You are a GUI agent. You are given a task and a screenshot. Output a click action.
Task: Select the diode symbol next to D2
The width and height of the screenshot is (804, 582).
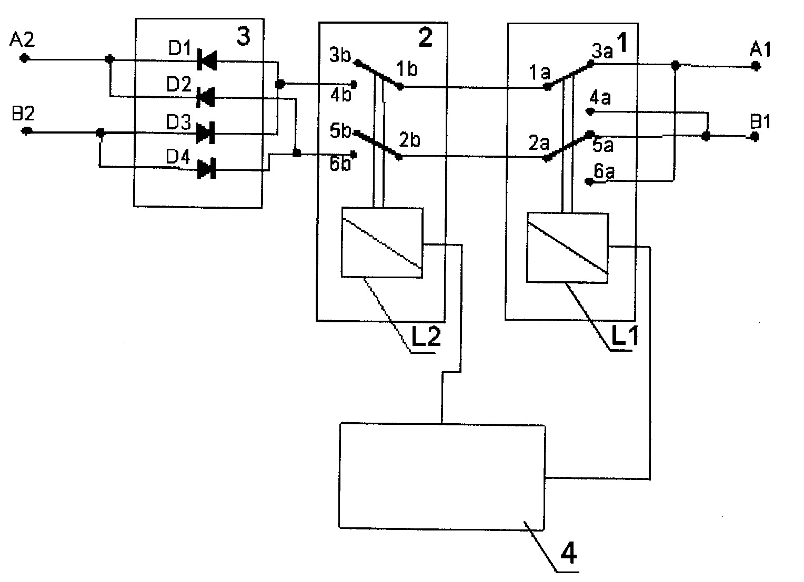(x=206, y=97)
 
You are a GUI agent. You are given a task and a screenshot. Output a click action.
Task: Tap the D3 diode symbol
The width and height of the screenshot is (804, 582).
(x=206, y=132)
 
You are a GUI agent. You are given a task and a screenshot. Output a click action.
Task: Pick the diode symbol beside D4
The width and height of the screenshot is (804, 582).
(x=206, y=169)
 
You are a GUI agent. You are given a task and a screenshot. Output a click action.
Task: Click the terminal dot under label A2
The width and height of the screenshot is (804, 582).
(x=24, y=58)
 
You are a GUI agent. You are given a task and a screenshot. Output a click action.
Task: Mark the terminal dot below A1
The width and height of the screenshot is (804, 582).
(x=755, y=66)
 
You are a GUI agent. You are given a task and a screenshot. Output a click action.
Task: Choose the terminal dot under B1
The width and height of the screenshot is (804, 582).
(x=755, y=137)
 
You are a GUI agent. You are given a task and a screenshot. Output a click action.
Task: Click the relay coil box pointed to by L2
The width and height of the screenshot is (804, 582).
(x=382, y=242)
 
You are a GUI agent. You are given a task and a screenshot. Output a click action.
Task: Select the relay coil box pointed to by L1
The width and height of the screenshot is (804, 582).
(x=567, y=248)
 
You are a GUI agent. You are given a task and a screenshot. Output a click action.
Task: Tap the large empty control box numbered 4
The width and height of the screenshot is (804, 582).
(x=442, y=476)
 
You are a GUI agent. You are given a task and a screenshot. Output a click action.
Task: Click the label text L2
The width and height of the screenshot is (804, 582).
(x=426, y=337)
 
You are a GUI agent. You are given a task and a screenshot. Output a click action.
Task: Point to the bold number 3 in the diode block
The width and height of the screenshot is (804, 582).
(x=244, y=37)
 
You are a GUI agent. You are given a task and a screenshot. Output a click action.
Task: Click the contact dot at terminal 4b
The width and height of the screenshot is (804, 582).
(x=354, y=85)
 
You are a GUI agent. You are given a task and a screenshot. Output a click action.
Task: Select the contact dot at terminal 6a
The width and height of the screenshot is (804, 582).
(x=589, y=182)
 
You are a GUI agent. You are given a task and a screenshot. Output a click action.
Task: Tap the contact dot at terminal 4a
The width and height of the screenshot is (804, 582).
(x=590, y=111)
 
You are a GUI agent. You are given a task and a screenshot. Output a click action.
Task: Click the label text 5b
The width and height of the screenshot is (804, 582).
(x=340, y=130)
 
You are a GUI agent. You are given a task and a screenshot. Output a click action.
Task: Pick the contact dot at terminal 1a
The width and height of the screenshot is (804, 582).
(x=548, y=87)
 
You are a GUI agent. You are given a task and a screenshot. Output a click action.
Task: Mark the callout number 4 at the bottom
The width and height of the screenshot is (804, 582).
(x=569, y=553)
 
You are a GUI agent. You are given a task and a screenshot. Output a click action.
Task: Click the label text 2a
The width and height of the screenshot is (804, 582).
(x=539, y=143)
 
